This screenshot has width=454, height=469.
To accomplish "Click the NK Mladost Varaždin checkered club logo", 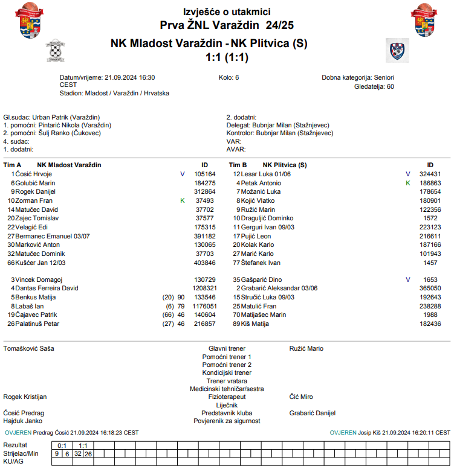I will (x=57, y=51).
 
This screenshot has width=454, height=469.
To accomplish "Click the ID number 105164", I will (x=205, y=174).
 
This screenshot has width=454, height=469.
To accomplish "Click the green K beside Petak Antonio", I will (x=408, y=183).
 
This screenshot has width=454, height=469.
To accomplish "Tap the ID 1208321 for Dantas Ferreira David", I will (x=204, y=289).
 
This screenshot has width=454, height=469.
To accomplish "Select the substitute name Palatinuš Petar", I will (x=37, y=324).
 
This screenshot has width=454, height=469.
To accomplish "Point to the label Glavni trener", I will (x=227, y=348).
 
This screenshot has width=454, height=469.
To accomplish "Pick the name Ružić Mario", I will (x=306, y=348).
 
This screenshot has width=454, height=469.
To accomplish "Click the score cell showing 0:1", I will (x=62, y=445).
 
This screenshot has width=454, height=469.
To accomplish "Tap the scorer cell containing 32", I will (x=78, y=453).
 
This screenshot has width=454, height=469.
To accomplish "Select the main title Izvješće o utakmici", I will (x=227, y=12).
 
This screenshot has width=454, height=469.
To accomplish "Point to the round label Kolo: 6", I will (x=229, y=78).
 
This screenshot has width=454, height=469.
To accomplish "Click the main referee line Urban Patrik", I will (x=52, y=117).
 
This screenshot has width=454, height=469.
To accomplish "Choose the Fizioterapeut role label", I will (x=227, y=397).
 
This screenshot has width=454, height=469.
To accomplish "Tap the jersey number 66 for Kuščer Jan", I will (x=10, y=263).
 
